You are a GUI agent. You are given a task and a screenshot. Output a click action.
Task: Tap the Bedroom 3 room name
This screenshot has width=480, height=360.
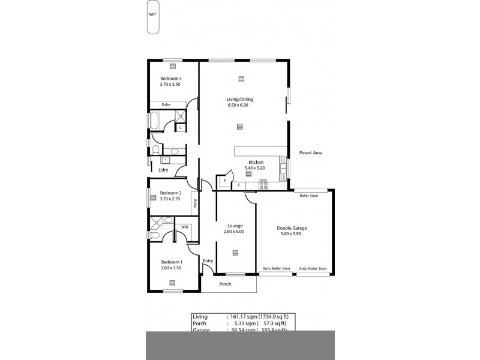click(x=170, y=79)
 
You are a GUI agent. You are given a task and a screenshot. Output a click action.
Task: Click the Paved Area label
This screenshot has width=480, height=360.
click(x=310, y=153)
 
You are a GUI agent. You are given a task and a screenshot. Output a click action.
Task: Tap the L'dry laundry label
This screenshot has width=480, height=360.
click(x=162, y=170)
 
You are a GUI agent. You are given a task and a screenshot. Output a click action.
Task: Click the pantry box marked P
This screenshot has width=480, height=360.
click(x=225, y=179)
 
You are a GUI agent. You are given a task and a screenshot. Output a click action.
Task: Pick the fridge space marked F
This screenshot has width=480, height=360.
click(x=239, y=185)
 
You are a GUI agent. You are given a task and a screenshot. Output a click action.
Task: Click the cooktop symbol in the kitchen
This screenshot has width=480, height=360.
click(x=263, y=186)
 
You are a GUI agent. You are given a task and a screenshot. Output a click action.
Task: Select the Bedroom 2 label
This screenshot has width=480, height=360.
click(x=170, y=193)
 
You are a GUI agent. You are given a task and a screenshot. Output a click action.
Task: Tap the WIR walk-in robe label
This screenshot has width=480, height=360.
click(x=185, y=227)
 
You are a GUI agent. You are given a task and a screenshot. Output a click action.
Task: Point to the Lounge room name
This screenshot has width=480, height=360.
click(x=235, y=226)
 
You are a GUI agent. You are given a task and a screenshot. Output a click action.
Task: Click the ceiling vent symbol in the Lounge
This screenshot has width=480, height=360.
click(x=235, y=252)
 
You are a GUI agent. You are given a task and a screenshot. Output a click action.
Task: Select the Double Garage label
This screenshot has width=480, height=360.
click(x=292, y=227)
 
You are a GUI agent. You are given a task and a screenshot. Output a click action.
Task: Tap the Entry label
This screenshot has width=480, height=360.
click(x=208, y=261)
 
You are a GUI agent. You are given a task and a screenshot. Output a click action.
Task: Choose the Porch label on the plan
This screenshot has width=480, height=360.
click(x=226, y=284)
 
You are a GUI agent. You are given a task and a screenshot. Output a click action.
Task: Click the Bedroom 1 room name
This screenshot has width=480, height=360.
click(x=172, y=262)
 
